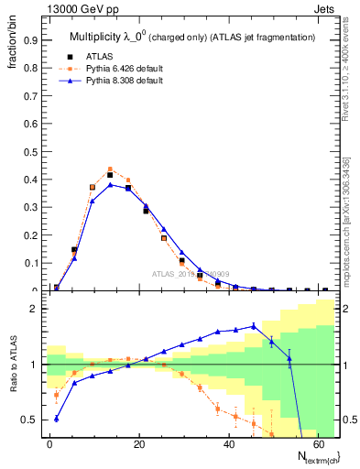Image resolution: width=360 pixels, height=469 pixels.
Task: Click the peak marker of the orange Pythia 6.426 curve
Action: coord(110,169)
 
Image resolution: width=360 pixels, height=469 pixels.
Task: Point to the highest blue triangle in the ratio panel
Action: coord(254,326)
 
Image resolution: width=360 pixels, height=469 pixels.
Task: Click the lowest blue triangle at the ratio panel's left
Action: coord(57,419)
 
